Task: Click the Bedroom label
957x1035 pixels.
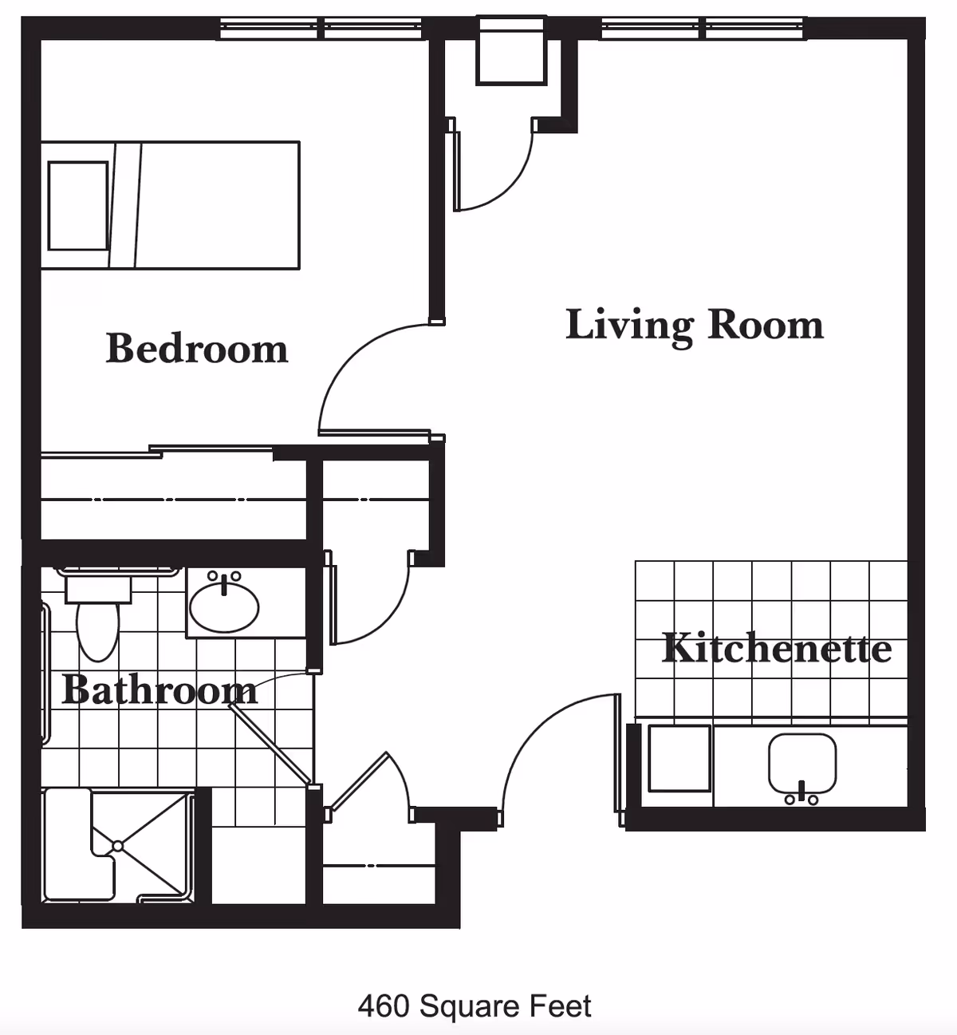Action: pyautogui.click(x=197, y=349)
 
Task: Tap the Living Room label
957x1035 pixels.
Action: pyautogui.click(x=694, y=325)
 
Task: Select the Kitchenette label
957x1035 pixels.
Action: pyautogui.click(x=776, y=648)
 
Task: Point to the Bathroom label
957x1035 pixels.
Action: pyautogui.click(x=159, y=690)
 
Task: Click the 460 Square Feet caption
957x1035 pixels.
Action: pyautogui.click(x=475, y=1006)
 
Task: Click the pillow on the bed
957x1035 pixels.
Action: pyautogui.click(x=77, y=206)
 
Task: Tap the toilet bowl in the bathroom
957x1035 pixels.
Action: pyautogui.click(x=98, y=630)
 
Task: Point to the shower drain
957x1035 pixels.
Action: pyautogui.click(x=118, y=844)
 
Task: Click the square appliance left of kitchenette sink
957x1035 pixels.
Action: pyautogui.click(x=679, y=758)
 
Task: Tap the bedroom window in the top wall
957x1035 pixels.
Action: pyautogui.click(x=323, y=29)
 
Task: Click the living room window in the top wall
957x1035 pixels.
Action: pyautogui.click(x=705, y=29)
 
